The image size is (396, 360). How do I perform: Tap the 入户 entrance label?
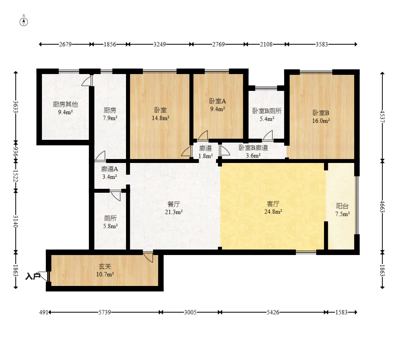(33, 276)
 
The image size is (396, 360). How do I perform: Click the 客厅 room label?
(273, 204)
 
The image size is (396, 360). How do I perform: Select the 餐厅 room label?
(174, 204)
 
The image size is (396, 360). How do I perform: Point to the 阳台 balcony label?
(342, 206)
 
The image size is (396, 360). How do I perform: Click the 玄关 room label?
(105, 266)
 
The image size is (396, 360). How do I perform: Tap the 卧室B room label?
(321, 113)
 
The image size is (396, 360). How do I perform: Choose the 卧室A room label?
(218, 101)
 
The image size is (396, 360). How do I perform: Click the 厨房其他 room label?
(65, 104)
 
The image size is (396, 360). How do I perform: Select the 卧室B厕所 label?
(267, 111)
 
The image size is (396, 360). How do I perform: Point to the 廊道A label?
(110, 169)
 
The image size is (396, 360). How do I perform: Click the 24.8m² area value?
(273, 212)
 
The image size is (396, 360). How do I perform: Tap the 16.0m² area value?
(321, 121)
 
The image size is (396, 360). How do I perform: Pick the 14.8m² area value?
(160, 118)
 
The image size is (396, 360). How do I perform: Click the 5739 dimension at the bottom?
(104, 312)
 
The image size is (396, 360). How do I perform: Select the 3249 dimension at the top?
(160, 44)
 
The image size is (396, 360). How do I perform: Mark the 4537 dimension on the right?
(382, 117)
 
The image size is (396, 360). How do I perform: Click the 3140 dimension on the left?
(16, 221)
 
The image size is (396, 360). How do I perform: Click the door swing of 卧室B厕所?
(268, 135)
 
